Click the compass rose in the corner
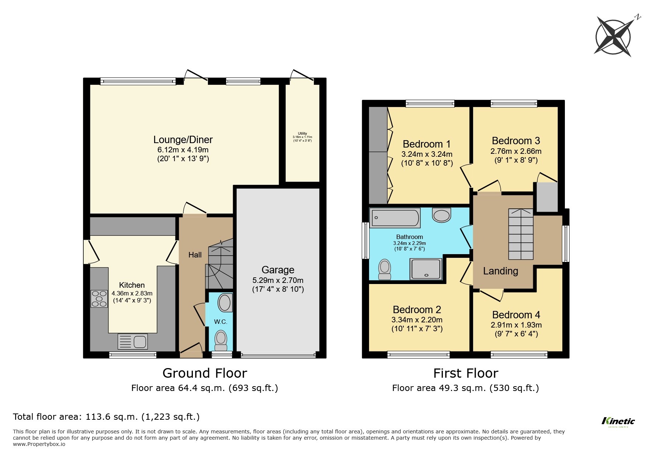pyautogui.click(x=613, y=37)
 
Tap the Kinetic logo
pyautogui.click(x=618, y=421)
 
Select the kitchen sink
pyautogui.click(x=133, y=341)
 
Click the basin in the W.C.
pyautogui.click(x=225, y=303)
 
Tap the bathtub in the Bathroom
pyautogui.click(x=395, y=218)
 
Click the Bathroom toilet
pyautogui.click(x=385, y=269)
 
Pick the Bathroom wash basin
pyautogui.click(x=441, y=215)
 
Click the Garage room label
pyautogui.click(x=278, y=270)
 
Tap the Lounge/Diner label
pyautogui.click(x=183, y=140)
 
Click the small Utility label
pyautogui.click(x=302, y=134)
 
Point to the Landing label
pyautogui.click(x=500, y=271)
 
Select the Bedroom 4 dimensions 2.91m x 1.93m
pyautogui.click(x=516, y=325)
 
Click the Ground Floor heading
pyautogui.click(x=205, y=373)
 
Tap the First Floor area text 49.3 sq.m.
pyautogui.click(x=465, y=388)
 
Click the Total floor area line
pyautogui.click(x=106, y=417)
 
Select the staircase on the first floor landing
pyautogui.click(x=521, y=234)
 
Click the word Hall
pyautogui.click(x=195, y=255)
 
